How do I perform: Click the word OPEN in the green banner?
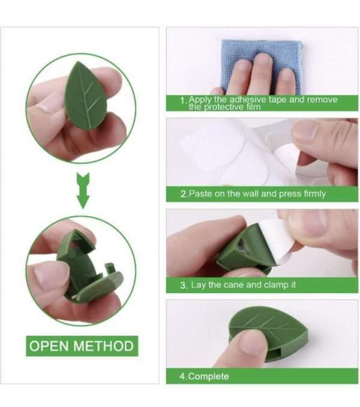[50, 346]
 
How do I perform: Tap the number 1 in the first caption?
[182, 102]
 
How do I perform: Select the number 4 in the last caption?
[182, 376]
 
